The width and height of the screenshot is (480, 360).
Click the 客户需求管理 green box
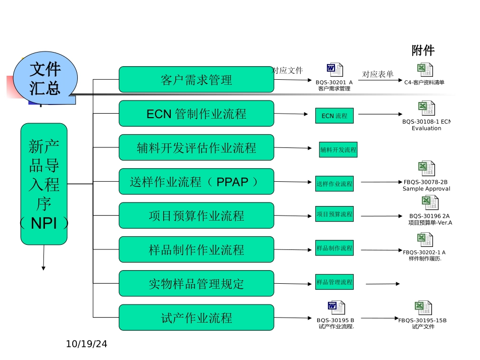pyautogui.click(x=196, y=80)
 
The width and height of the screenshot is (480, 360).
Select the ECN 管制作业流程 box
pyautogui.click(x=196, y=114)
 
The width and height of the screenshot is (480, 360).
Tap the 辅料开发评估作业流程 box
pyautogui.click(x=196, y=147)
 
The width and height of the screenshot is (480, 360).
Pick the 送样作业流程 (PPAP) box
pyautogui.click(x=196, y=182)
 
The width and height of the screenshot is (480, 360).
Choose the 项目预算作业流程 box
pyautogui.click(x=196, y=216)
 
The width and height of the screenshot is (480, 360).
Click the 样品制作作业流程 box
pyautogui.click(x=196, y=249)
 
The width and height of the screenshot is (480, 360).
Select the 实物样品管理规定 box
pyautogui.click(x=196, y=284)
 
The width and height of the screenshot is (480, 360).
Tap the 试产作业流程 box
pyautogui.click(x=196, y=318)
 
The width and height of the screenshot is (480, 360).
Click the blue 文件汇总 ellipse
pyautogui.click(x=45, y=78)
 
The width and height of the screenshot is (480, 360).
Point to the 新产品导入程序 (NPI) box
pyautogui.click(x=44, y=184)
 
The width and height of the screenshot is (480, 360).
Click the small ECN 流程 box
pyautogui.click(x=334, y=116)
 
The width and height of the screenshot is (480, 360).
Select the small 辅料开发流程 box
pyautogui.click(x=338, y=149)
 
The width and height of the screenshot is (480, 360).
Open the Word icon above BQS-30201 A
pyautogui.click(x=334, y=70)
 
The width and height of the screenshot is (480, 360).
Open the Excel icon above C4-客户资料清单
pyautogui.click(x=424, y=70)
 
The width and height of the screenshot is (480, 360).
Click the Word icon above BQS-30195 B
pyautogui.click(x=335, y=307)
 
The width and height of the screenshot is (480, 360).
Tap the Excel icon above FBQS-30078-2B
pyautogui.click(x=426, y=169)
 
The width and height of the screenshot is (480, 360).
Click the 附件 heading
pyautogui.click(x=423, y=50)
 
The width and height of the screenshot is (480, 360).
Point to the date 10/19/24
pyautogui.click(x=87, y=344)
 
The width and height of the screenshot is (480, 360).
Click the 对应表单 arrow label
pyautogui.click(x=377, y=74)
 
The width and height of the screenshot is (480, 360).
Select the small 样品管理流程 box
pyautogui.click(x=334, y=282)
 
